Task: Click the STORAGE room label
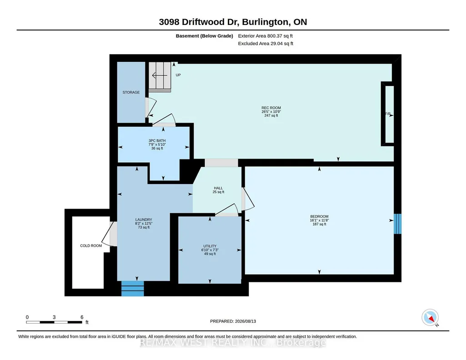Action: tap(131, 92)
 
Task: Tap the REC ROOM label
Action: tap(271, 108)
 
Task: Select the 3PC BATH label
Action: tap(157, 141)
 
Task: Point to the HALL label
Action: tap(218, 188)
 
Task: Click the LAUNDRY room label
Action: tap(144, 220)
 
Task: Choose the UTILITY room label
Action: tap(210, 246)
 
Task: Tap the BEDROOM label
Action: tap(319, 216)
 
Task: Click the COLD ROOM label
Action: tap(91, 246)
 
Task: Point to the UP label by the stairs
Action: tap(178, 75)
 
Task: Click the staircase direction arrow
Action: tap(160, 75)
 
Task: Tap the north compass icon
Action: tap(430, 318)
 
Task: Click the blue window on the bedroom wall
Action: tap(398, 224)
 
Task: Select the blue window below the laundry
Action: tap(133, 289)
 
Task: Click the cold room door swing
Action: tap(108, 234)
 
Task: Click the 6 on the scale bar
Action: tap(82, 317)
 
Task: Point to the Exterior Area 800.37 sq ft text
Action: tap(266, 36)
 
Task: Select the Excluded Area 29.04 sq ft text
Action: tap(266, 43)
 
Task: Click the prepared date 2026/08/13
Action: tap(246, 321)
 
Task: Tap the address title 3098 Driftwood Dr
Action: tap(199, 22)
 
